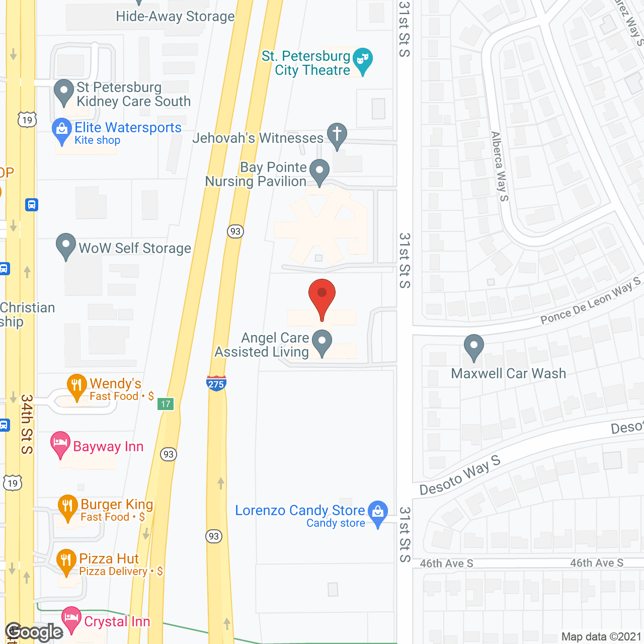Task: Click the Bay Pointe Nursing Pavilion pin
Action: click(319, 171)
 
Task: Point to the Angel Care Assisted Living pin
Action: click(322, 342)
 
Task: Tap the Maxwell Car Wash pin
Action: click(473, 346)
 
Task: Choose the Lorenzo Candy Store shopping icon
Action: click(378, 513)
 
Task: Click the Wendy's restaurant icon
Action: click(76, 386)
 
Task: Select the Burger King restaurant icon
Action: click(67, 507)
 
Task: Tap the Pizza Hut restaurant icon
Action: click(66, 561)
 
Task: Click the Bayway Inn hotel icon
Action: click(60, 444)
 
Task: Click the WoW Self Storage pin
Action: click(66, 245)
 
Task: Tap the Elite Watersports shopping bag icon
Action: click(62, 130)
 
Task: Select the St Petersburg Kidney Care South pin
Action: click(64, 92)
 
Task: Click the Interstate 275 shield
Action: click(216, 383)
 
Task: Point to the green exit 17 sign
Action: click(166, 404)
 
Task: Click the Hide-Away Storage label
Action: click(175, 17)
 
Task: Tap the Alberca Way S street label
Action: click(500, 167)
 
